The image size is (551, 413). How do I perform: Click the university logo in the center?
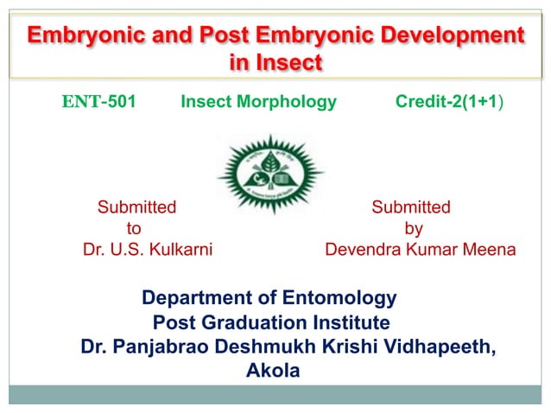click(269, 176)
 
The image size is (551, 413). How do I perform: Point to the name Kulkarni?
click(181, 251)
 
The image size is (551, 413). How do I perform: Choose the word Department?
click(196, 299)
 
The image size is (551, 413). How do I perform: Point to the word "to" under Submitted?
click(135, 229)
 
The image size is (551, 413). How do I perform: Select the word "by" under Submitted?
click(414, 229)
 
